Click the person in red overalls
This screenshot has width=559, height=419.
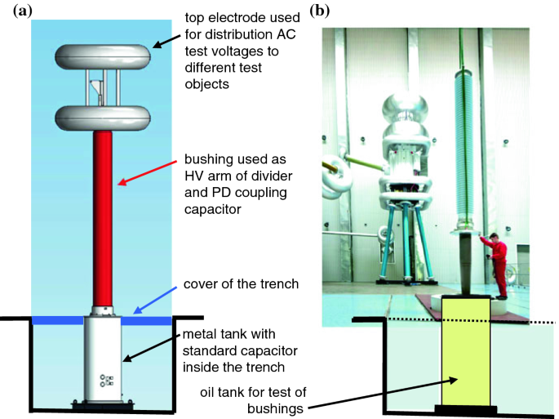496,261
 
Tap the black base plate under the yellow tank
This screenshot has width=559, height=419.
466,408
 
